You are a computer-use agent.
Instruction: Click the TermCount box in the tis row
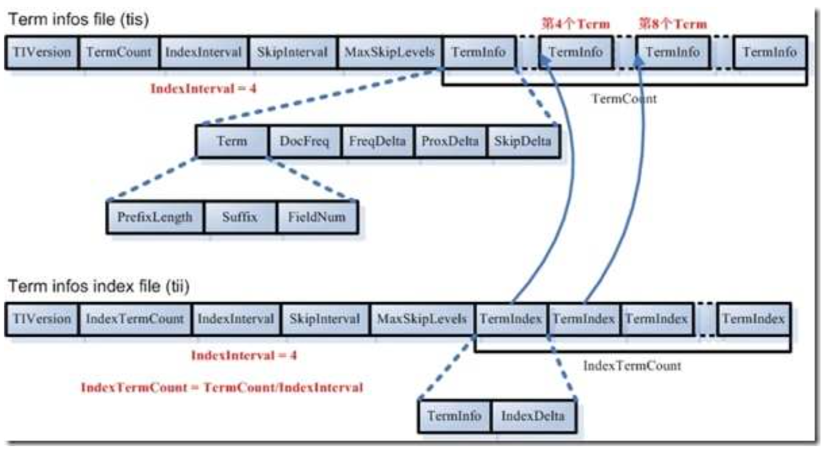coord(119,52)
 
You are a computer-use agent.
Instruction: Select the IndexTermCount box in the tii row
coord(135,318)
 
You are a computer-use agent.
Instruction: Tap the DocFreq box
coord(304,142)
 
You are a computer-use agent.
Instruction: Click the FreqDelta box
coord(377,142)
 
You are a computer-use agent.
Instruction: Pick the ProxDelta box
coord(450,142)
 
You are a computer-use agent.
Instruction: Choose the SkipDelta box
coord(523,142)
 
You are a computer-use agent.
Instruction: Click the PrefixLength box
coord(155,217)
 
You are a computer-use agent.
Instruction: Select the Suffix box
coord(240,217)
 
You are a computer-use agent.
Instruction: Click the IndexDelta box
coord(532,416)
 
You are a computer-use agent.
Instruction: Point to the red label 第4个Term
coord(575,24)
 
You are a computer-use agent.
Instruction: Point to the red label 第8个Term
coord(672,24)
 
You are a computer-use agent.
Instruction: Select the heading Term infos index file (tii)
coord(99,286)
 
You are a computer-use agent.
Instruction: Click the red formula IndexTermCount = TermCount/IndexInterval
coord(222,387)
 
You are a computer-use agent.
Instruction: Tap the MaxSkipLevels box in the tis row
coord(390,52)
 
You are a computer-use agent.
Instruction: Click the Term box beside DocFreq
coord(232,142)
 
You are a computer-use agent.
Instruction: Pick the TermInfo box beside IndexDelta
coord(454,416)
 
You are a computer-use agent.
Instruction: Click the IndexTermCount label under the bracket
coord(632,366)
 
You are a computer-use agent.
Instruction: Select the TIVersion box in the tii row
coord(41,318)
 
